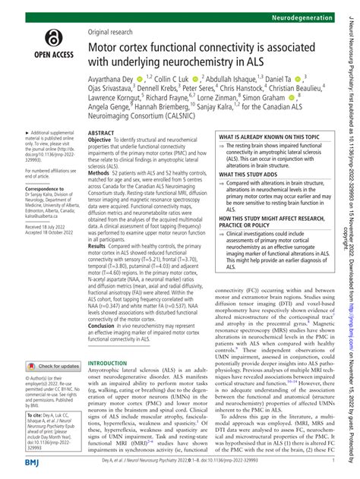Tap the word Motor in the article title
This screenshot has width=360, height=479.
tap(109, 50)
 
